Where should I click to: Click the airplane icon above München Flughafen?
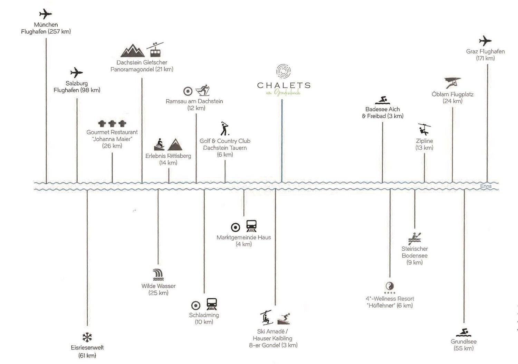[x=45, y=14]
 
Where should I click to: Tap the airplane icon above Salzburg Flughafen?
[x=76, y=73]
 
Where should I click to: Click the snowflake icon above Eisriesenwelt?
[x=87, y=337]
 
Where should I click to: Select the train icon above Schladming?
[x=211, y=304]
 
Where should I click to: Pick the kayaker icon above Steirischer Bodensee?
[x=415, y=239]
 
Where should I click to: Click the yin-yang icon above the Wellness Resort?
[x=390, y=286]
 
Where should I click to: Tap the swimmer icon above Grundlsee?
[x=463, y=332]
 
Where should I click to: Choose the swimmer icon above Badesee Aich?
[x=382, y=100]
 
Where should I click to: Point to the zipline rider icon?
[x=424, y=129]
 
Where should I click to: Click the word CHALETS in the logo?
[x=284, y=85]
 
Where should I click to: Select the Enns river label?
[x=486, y=186]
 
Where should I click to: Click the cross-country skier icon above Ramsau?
[x=203, y=91]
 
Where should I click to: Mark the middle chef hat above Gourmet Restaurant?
[x=112, y=123]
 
